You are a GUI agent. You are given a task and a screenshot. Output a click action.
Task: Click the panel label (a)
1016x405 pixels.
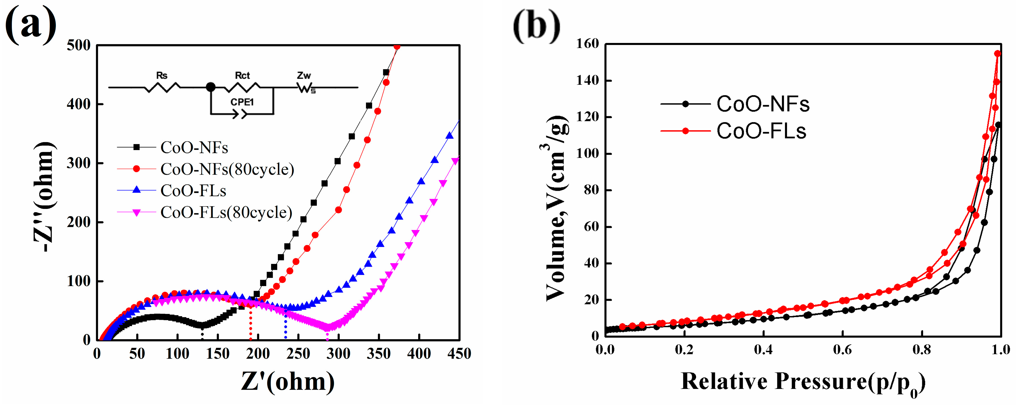click(x=31, y=25)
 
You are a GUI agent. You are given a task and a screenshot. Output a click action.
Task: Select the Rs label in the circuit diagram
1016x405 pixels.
click(x=162, y=75)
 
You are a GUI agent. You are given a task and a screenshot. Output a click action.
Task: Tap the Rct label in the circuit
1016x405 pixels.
click(x=242, y=75)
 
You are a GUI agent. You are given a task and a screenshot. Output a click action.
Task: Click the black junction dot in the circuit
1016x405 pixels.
click(x=211, y=87)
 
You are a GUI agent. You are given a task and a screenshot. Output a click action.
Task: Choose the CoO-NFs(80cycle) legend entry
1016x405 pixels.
click(x=227, y=169)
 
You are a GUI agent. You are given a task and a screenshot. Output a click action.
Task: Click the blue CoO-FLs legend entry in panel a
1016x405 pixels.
click(x=193, y=191)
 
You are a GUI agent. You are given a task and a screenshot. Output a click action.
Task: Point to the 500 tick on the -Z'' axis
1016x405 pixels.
click(x=79, y=46)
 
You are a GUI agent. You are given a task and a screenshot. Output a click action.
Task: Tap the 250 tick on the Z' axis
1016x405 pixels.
click(x=298, y=353)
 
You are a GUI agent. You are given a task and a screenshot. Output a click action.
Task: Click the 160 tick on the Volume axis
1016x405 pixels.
click(x=588, y=44)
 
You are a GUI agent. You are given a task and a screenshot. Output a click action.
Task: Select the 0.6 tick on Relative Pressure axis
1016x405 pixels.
click(x=842, y=349)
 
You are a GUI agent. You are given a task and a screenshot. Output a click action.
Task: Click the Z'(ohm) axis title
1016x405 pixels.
click(x=288, y=382)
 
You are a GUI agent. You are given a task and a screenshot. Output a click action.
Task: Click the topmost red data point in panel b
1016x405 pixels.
click(x=997, y=54)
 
